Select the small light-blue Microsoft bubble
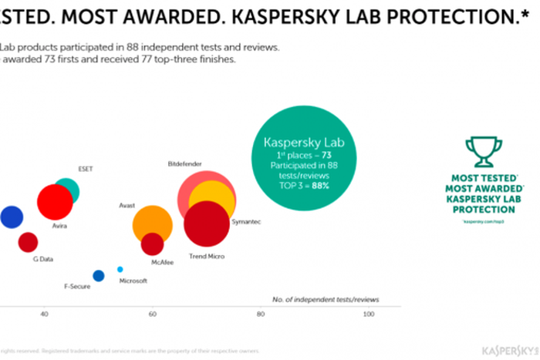coord(120,269)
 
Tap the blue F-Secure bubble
coord(98,275)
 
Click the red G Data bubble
coord(28,242)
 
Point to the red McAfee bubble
coord(153,244)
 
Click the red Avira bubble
coord(55,203)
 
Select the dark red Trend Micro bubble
coord(207,224)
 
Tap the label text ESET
coord(86,168)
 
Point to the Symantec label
coord(248,222)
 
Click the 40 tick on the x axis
coord(44,314)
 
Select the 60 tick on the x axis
coord(153,314)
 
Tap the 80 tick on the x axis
coord(261,314)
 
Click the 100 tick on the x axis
coord(369,314)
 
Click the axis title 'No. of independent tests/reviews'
coord(326,298)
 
